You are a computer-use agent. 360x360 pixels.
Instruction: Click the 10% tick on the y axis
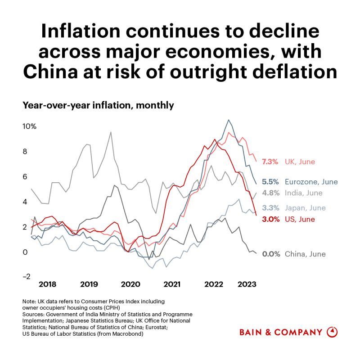(x=30, y=126)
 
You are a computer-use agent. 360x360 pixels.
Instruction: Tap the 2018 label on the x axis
(x=48, y=284)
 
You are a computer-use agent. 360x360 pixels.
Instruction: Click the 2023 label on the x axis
(x=247, y=284)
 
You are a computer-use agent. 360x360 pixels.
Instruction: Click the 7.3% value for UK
(x=270, y=162)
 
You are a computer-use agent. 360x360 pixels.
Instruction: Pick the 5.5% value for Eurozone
(x=270, y=182)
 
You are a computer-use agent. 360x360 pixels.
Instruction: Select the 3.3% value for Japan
(x=270, y=208)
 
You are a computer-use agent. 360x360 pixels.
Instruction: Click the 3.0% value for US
(x=270, y=219)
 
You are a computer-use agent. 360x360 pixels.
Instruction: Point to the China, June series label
(x=305, y=254)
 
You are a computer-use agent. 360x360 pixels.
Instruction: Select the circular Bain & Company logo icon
(x=332, y=332)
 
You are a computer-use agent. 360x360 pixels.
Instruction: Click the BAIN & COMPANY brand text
(x=281, y=333)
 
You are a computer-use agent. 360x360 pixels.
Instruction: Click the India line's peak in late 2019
(x=111, y=132)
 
